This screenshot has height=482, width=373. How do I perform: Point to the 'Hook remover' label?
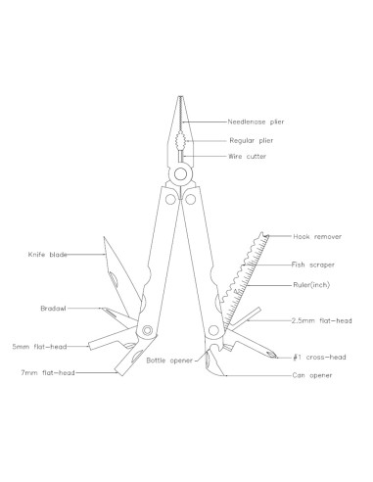point(314,236)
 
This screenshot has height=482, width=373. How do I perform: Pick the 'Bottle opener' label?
point(169,361)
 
